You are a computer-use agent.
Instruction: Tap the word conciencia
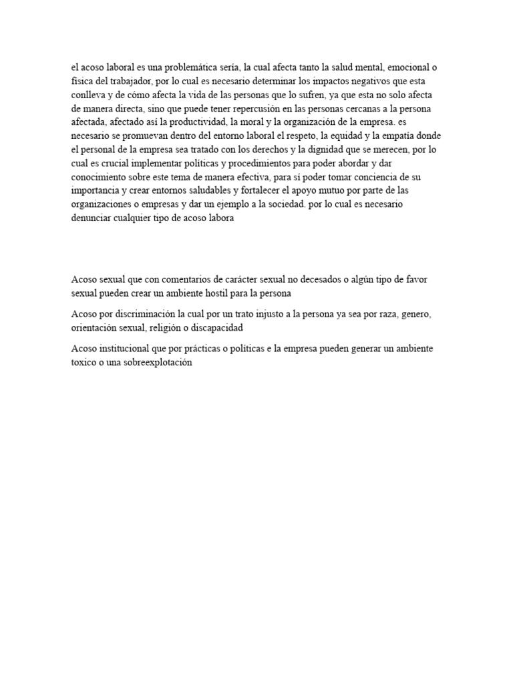(x=367, y=175)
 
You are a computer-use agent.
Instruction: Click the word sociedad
(x=277, y=202)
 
